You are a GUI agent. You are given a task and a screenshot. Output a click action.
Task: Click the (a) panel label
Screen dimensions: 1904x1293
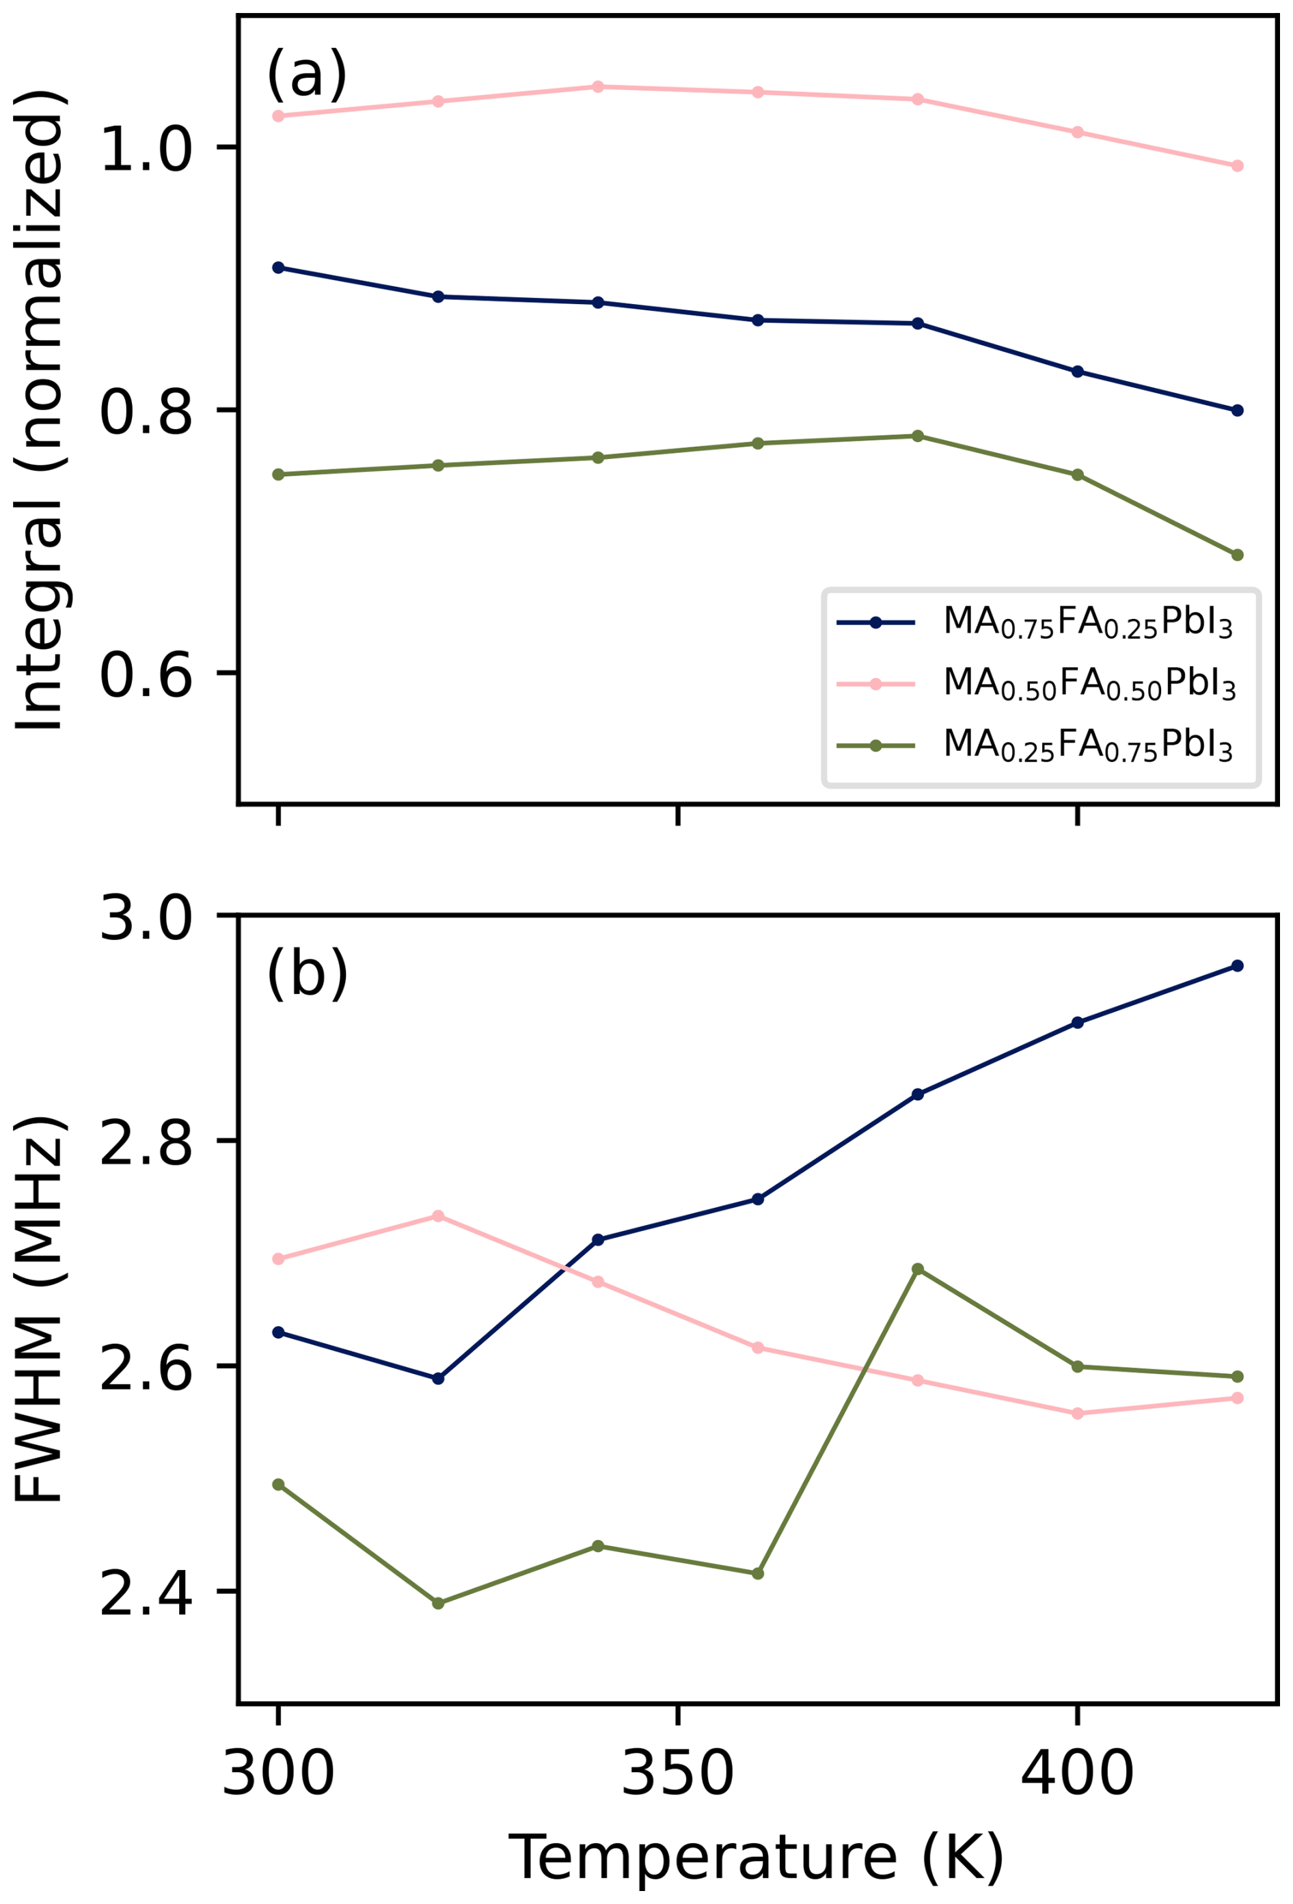(306, 74)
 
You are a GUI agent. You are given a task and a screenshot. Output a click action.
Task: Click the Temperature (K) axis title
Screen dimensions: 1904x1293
(755, 1858)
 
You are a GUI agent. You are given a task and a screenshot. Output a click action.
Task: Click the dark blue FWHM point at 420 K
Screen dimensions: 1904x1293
(1237, 966)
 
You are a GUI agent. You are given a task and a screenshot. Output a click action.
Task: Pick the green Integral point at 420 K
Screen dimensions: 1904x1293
(1237, 555)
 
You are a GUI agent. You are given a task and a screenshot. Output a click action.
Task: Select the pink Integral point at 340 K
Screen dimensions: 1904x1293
(598, 87)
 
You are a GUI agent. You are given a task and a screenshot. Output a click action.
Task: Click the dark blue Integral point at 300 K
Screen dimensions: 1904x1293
(279, 268)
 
